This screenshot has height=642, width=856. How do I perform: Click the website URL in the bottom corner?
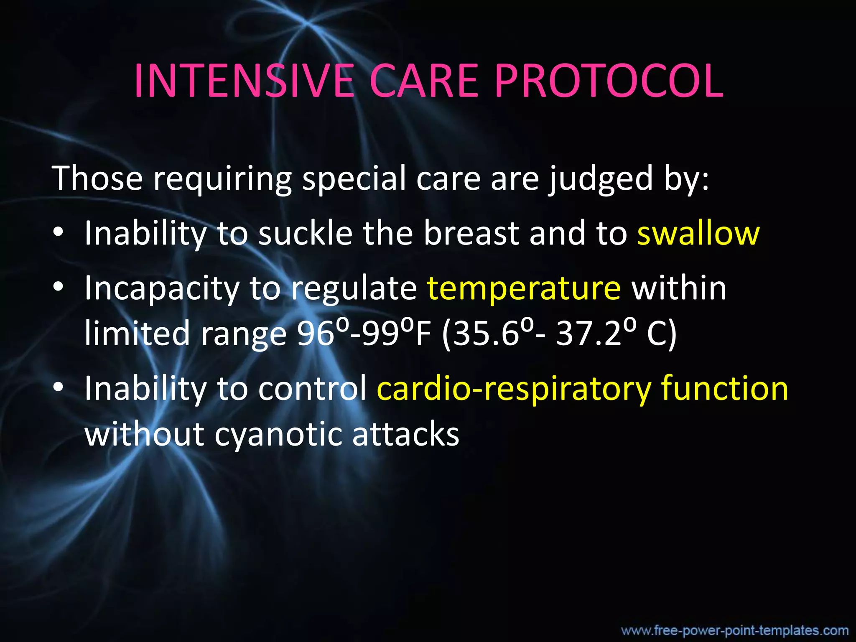[735, 630]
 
